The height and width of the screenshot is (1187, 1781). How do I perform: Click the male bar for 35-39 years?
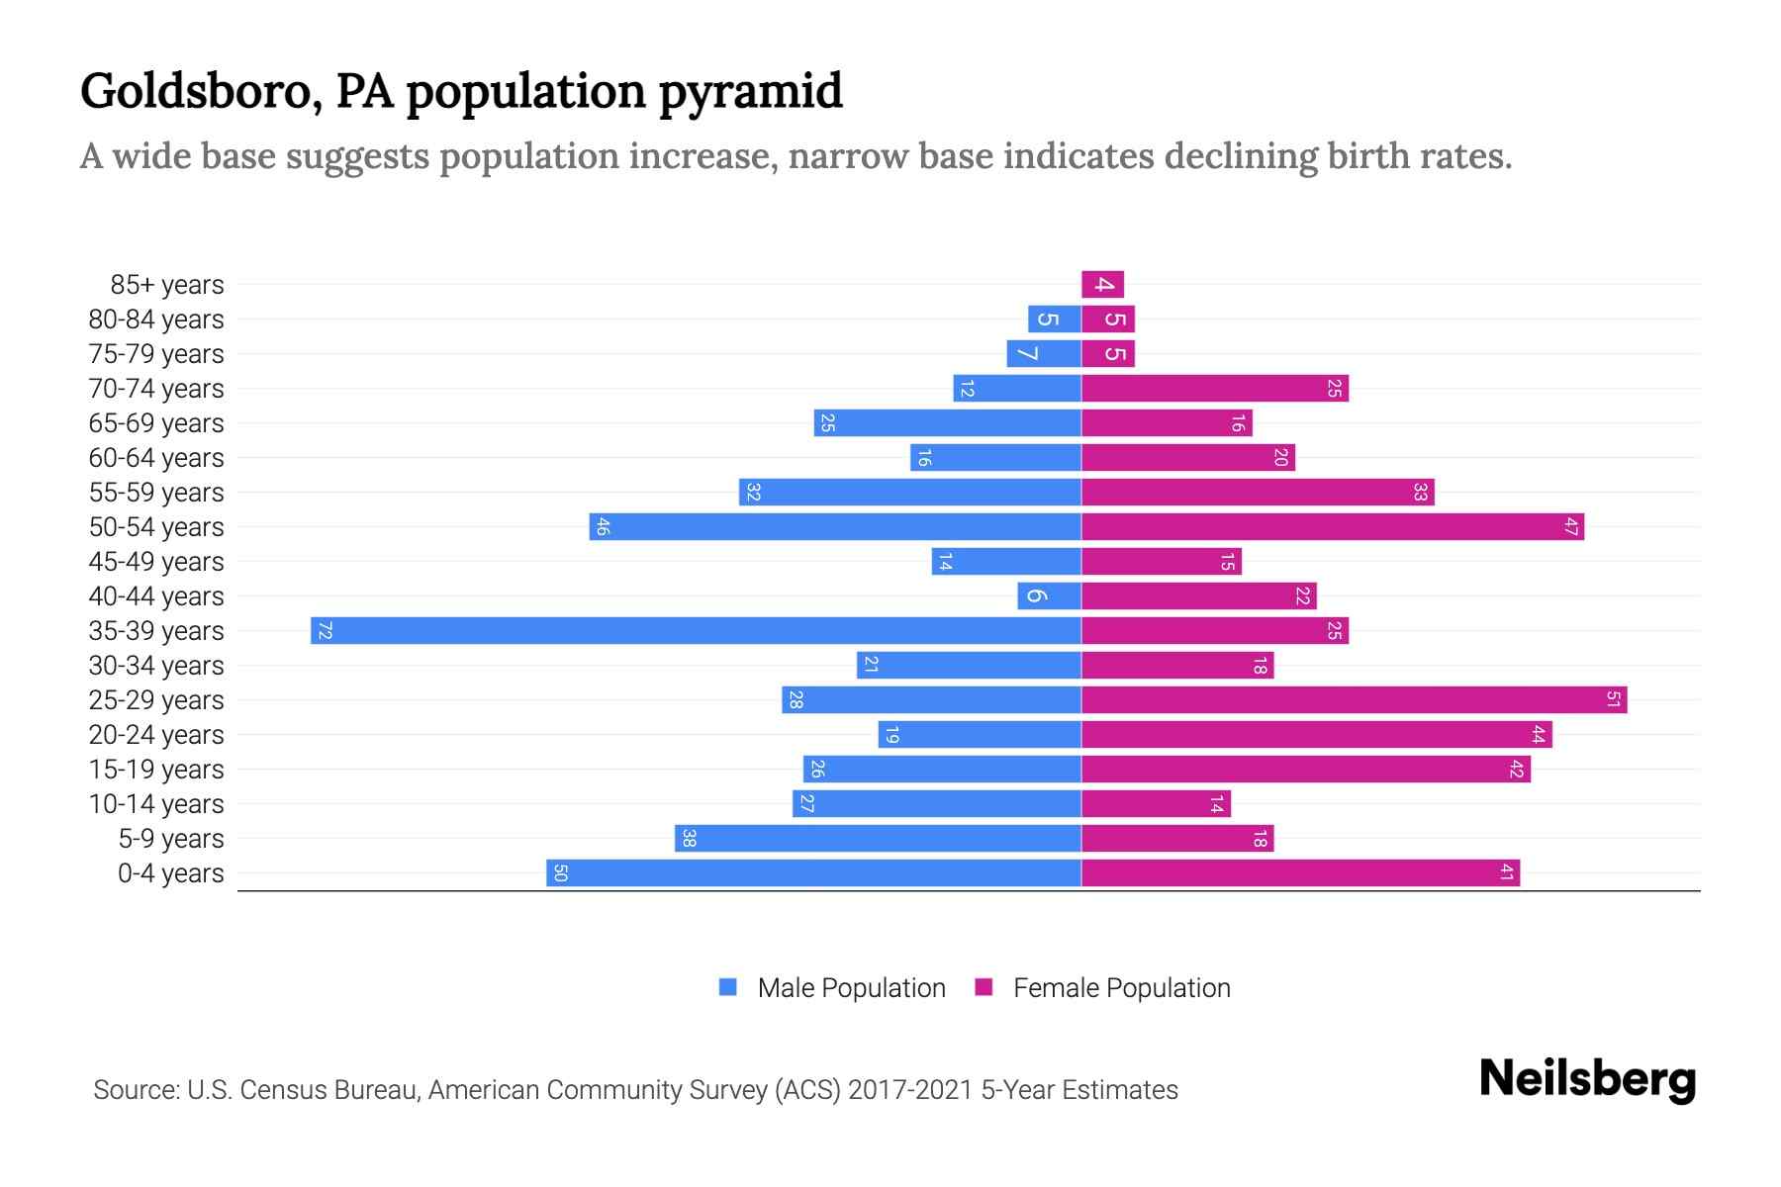[696, 631]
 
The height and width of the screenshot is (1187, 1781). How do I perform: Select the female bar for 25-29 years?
[1354, 700]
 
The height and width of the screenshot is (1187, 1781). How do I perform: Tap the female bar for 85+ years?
[1102, 285]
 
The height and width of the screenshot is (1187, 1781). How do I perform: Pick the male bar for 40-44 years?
[1049, 596]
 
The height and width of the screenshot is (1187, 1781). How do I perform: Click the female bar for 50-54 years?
[1332, 527]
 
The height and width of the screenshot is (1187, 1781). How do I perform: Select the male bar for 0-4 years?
[813, 873]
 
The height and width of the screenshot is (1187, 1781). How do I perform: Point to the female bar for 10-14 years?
[1156, 804]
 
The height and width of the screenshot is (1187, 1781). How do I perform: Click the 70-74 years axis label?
[156, 389]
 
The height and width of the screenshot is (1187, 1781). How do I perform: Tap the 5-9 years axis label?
[170, 839]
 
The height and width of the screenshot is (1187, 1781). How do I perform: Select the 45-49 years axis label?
[156, 562]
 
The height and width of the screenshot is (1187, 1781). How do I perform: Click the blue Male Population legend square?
[728, 987]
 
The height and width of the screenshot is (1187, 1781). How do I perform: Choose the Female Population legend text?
[1121, 988]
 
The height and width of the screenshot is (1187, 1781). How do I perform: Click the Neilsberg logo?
[1587, 1079]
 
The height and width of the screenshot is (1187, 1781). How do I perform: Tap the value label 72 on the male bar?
[325, 631]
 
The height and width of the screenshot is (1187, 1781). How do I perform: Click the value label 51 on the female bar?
[1613, 700]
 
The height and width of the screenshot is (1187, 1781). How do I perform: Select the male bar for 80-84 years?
[1054, 320]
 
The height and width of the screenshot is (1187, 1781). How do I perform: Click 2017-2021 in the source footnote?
[910, 1090]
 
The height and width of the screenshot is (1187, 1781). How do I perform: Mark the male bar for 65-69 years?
[947, 423]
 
